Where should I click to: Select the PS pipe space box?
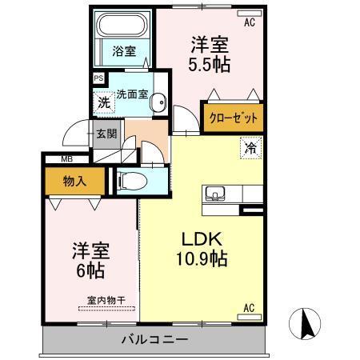[98, 78]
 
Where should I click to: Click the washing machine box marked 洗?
[104, 102]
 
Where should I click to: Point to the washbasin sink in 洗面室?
[159, 102]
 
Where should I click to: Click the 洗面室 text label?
[132, 94]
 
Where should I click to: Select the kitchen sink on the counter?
[216, 193]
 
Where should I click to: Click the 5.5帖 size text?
[211, 64]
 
